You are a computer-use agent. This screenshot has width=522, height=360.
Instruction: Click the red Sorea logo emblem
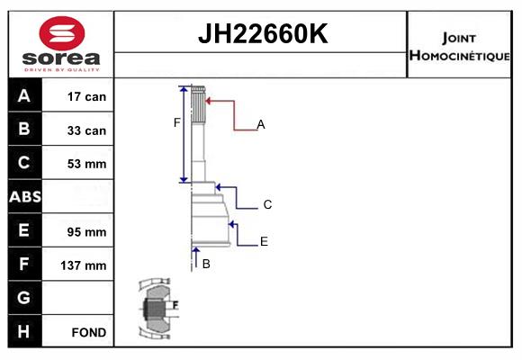click(x=62, y=33)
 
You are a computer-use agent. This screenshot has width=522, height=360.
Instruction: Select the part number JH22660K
click(x=263, y=33)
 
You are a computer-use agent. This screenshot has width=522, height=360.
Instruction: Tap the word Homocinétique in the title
click(x=459, y=55)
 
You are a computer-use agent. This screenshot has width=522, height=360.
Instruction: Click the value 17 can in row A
click(x=86, y=96)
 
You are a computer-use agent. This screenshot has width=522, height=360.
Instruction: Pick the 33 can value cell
click(x=86, y=130)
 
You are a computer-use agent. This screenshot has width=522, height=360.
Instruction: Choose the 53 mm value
click(x=86, y=164)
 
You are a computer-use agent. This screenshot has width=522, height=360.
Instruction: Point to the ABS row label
click(x=25, y=196)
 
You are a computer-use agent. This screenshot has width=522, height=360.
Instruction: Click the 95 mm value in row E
click(x=86, y=232)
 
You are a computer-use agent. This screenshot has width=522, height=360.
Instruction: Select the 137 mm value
click(x=83, y=265)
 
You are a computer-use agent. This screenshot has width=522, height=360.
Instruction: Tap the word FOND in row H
click(x=89, y=332)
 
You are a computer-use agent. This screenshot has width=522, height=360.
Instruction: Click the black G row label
click(x=24, y=297)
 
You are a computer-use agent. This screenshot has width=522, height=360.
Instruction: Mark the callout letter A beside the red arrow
click(x=261, y=124)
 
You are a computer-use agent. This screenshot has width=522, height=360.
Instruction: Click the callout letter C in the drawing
click(x=267, y=204)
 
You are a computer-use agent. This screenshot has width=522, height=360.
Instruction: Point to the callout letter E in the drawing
click(x=264, y=241)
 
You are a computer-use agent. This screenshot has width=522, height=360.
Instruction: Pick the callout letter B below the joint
click(x=206, y=264)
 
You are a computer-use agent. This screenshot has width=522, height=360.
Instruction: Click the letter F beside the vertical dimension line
click(x=176, y=122)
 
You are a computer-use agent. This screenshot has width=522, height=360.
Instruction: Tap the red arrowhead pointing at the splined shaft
click(x=208, y=101)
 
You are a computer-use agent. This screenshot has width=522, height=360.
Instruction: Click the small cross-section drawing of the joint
click(x=158, y=309)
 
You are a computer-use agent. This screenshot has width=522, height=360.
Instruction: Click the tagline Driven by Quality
click(x=62, y=70)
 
